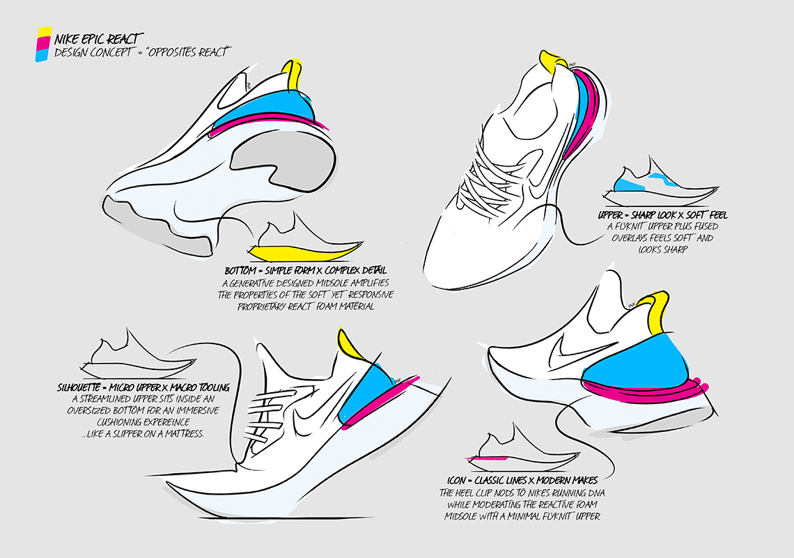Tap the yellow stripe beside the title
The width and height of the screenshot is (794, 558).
[44, 32]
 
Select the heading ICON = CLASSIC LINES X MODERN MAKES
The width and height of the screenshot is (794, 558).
[523, 481]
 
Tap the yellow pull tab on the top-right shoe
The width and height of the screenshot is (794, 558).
[550, 61]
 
